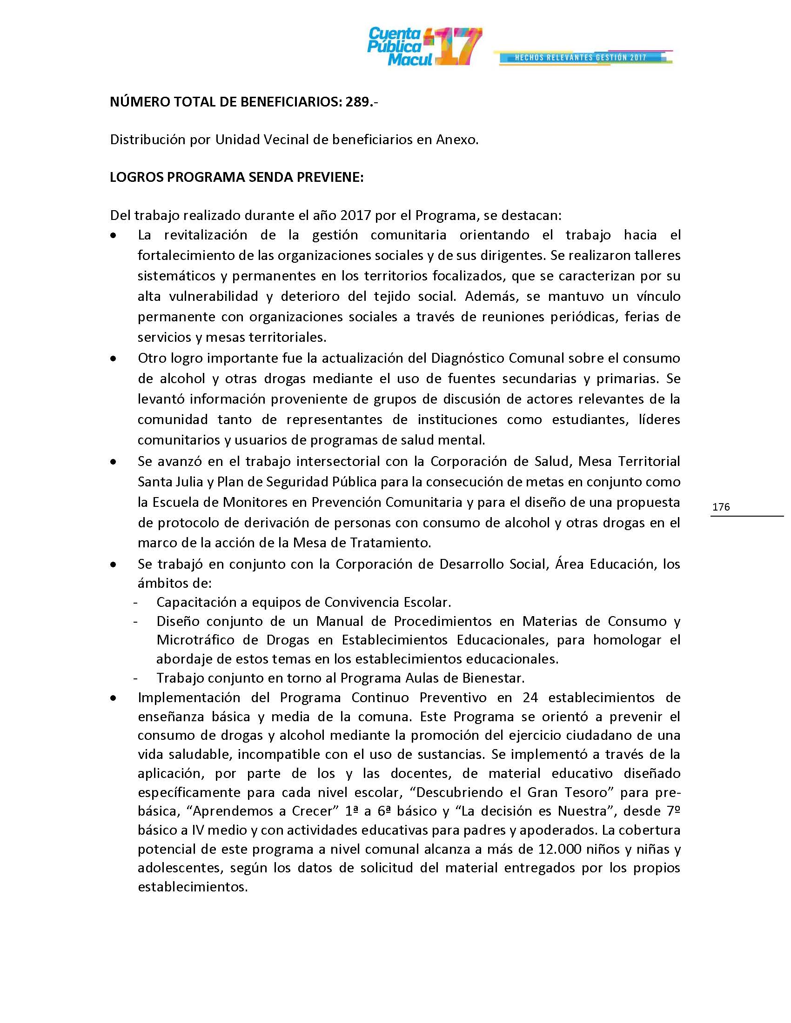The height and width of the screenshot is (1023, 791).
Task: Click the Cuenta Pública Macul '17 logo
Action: point(424,47)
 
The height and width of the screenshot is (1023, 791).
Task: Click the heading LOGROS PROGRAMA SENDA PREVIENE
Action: point(237,177)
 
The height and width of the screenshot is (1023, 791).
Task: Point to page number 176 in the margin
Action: point(721,506)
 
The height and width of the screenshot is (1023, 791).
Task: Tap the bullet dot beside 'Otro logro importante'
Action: point(113,359)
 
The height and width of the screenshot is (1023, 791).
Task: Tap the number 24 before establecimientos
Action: point(530,697)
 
